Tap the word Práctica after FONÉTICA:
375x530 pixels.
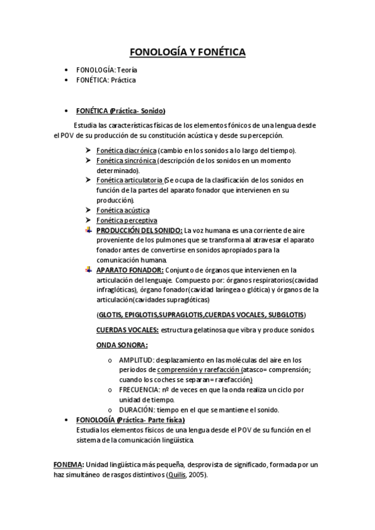[123, 81]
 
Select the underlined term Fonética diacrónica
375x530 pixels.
[126, 151]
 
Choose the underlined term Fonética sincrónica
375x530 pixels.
[126, 161]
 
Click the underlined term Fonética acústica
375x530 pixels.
[123, 211]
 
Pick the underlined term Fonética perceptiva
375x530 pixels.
[126, 221]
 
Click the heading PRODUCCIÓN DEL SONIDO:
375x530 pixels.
[139, 231]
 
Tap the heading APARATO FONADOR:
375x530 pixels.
[130, 270]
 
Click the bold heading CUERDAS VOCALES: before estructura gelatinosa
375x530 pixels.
[127, 329]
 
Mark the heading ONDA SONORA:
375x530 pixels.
[121, 345]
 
